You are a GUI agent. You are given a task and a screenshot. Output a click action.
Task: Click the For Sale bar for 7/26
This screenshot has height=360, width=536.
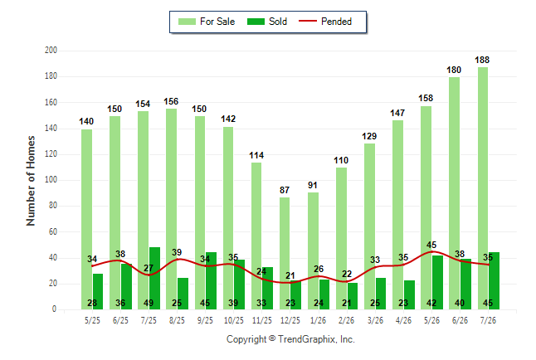click(483, 188)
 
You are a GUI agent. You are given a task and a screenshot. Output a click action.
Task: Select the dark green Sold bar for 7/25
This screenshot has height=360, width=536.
click(155, 278)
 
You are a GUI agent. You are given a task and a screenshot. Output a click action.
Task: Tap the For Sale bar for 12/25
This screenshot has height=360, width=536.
click(285, 254)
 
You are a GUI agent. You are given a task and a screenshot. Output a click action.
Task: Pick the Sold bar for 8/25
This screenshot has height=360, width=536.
click(183, 294)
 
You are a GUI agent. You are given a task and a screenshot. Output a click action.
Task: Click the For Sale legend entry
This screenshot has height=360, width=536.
click(207, 22)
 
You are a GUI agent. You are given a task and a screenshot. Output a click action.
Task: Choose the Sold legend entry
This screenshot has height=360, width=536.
click(267, 22)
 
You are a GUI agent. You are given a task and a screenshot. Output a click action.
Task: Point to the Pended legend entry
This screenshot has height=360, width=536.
click(325, 22)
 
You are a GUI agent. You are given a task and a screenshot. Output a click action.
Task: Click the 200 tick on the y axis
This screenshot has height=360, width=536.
click(51, 51)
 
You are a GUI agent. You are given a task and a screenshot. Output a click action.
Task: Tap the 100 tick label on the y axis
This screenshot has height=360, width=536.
click(51, 180)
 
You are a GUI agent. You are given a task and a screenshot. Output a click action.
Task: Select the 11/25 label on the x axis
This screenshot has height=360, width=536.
click(262, 320)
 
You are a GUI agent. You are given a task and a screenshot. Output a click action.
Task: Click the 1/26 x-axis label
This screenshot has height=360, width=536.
click(319, 320)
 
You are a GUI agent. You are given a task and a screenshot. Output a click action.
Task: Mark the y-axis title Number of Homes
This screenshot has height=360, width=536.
click(31, 181)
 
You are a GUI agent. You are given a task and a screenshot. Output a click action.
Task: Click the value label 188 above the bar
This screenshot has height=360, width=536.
click(482, 61)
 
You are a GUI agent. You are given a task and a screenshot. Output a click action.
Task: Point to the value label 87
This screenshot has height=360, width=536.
click(285, 190)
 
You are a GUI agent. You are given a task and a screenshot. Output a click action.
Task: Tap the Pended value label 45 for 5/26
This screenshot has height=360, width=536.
click(431, 245)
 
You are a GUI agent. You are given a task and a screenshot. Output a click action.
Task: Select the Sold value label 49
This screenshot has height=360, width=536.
click(149, 303)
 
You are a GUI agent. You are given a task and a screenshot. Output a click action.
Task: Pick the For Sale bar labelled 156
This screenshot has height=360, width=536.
click(171, 209)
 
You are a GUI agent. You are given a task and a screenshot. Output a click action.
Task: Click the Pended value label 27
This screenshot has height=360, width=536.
click(149, 268)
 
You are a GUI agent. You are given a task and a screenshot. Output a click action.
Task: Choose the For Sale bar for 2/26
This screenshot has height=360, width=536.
click(341, 239)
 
